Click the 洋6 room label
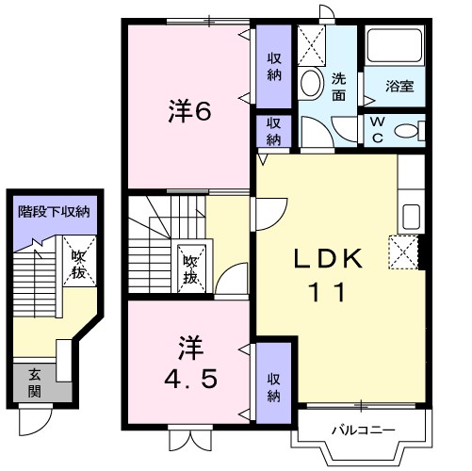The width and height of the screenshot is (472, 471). click(188, 111)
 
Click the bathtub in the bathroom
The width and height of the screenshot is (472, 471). click(394, 49)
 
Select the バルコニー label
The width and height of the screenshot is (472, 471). click(362, 430)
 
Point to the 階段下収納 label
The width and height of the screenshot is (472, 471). click(54, 212)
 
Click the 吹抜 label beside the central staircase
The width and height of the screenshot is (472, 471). click(190, 270)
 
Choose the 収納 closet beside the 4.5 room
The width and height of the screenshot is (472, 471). click(273, 383)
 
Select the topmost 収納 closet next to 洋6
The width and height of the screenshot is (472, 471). click(273, 64)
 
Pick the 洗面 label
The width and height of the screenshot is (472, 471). click(339, 87)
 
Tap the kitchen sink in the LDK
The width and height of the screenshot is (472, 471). click(412, 217)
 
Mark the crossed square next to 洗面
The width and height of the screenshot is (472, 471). click(309, 42)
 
